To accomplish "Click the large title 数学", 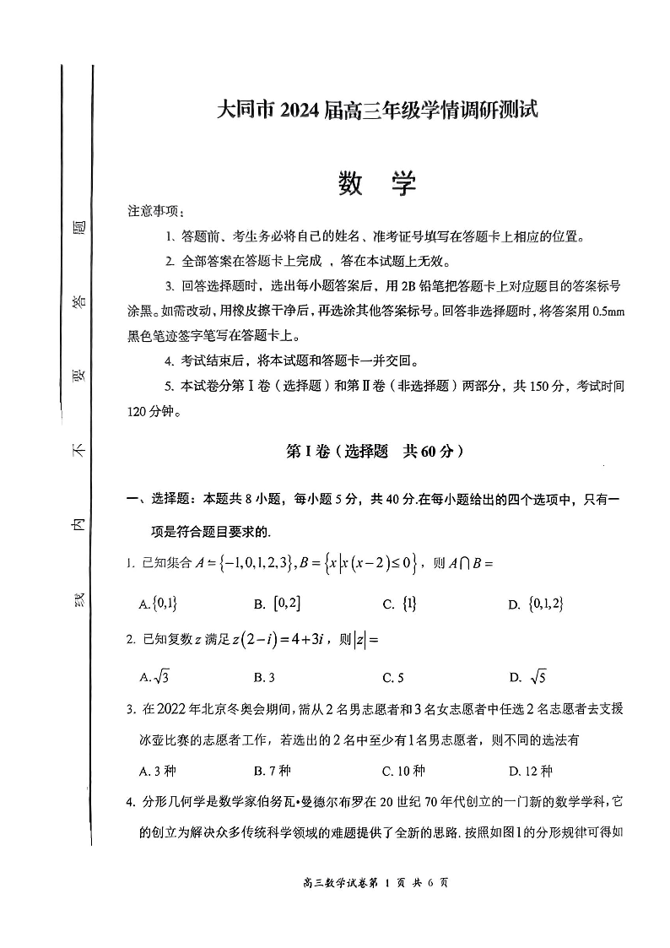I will [377, 182].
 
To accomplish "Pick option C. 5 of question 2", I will [393, 676].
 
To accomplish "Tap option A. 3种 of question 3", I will [157, 771].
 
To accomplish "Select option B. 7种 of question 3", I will [272, 771].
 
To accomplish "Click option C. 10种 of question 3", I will [403, 771].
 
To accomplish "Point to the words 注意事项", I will [153, 210].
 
